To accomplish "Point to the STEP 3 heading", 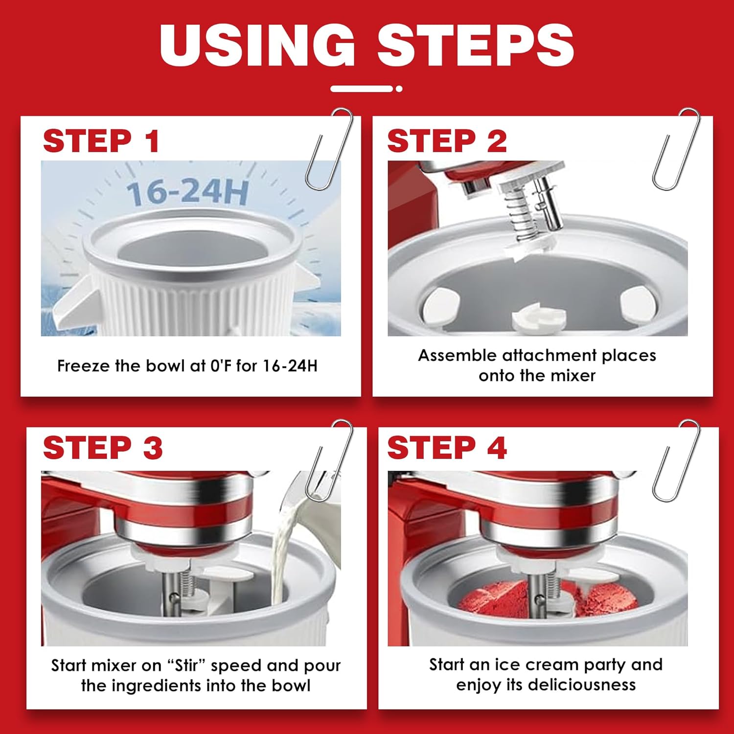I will click(x=103, y=448).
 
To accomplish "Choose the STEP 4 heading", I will click(x=447, y=448).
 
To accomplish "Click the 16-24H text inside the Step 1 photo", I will click(x=188, y=192).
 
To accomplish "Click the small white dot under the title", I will click(x=399, y=89).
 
